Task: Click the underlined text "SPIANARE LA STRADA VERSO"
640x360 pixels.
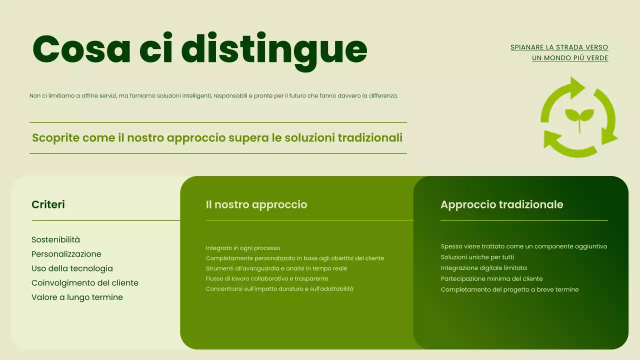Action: tap(559, 47)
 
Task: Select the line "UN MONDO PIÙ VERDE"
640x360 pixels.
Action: tap(570, 58)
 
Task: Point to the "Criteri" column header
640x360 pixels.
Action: tap(48, 204)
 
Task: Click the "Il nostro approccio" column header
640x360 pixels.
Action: tap(256, 204)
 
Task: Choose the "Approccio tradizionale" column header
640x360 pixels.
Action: tap(501, 204)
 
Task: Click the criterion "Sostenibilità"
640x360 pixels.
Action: tap(55, 239)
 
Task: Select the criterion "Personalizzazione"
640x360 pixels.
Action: tap(66, 254)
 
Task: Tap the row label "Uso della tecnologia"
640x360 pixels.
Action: tap(72, 268)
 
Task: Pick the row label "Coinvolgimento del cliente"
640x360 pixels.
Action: tap(84, 283)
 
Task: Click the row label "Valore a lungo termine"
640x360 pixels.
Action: tap(77, 297)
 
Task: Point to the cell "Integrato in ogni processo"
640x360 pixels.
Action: tap(243, 248)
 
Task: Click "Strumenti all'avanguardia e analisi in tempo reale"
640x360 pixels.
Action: tap(276, 268)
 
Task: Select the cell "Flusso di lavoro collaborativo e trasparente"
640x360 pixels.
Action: tap(267, 278)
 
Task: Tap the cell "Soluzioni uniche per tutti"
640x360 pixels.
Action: tap(477, 257)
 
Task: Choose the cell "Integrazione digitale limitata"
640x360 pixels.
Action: tap(483, 268)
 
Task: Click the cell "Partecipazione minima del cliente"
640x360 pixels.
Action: tap(491, 278)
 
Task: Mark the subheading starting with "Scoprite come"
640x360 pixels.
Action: tap(217, 137)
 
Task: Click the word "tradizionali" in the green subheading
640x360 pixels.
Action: tap(370, 137)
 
